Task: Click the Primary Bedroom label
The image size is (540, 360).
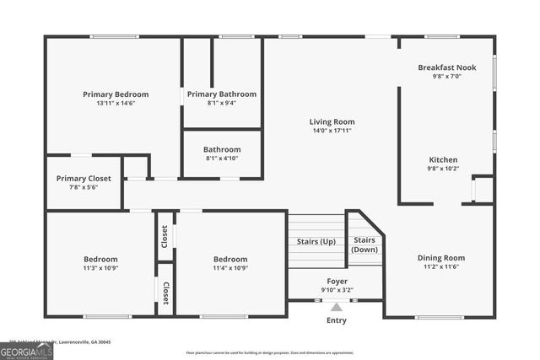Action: point(116,94)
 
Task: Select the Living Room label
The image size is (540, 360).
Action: point(332,121)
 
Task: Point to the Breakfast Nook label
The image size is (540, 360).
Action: point(446,67)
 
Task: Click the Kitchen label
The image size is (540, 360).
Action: point(443,159)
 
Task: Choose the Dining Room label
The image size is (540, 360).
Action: point(440,258)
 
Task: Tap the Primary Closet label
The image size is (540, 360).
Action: point(84,179)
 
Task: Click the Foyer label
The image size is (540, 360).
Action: point(337,281)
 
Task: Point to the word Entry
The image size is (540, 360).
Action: point(337,320)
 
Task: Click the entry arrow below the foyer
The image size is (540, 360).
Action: point(337,307)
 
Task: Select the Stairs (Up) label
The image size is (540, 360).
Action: point(317,242)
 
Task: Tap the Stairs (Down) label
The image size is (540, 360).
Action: point(364,244)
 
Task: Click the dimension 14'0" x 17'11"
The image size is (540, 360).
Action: point(332,131)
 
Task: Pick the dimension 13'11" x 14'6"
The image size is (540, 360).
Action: point(116,104)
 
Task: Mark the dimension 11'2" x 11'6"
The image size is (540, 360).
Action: point(440,267)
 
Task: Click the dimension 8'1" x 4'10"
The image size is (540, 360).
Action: point(222,159)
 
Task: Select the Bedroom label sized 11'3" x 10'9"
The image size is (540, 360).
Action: point(100,259)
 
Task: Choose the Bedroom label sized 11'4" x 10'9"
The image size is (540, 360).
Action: point(230,259)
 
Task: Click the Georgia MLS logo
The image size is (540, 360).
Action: point(27,350)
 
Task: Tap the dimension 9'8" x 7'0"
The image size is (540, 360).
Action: point(446,76)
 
